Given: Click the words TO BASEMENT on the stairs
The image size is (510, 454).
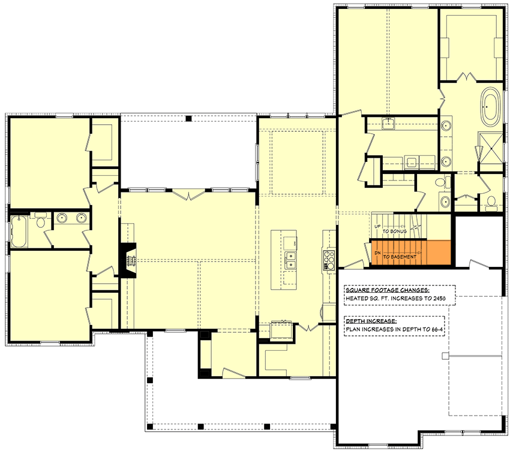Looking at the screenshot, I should click(400, 256).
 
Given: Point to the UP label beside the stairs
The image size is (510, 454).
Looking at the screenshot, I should click(377, 227).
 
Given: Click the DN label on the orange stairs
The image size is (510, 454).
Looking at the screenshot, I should click(377, 252).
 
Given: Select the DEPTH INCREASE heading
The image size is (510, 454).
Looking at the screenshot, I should click(370, 321).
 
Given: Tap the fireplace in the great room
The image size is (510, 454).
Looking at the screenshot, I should click(128, 260).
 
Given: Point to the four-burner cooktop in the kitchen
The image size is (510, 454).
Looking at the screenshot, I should click(329, 260).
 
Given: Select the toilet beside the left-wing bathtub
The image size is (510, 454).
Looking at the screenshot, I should click(40, 222).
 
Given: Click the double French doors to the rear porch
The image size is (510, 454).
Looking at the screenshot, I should click(189, 195).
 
